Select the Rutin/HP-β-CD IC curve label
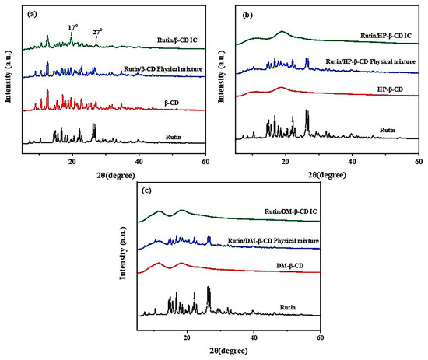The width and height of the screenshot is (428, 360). point(387,37)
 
